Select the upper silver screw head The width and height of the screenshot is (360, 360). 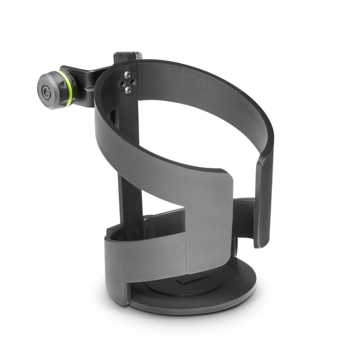tap(128, 75)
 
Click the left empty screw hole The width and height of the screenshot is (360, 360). tap(122, 83)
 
